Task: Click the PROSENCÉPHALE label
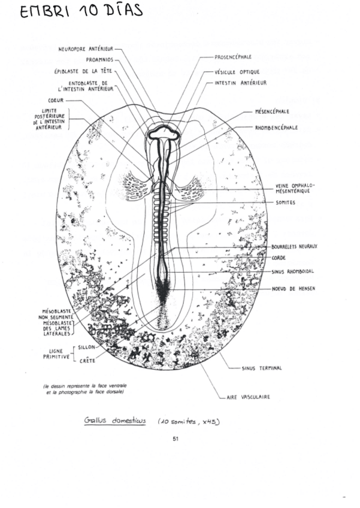point(232,57)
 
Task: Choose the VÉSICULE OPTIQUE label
point(237,71)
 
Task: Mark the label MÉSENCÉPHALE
point(272,111)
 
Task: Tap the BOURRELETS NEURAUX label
point(294,246)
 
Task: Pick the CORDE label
point(279,258)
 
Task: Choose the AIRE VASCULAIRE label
point(247,397)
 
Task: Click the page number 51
point(176,439)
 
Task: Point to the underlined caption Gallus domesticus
point(114,421)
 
